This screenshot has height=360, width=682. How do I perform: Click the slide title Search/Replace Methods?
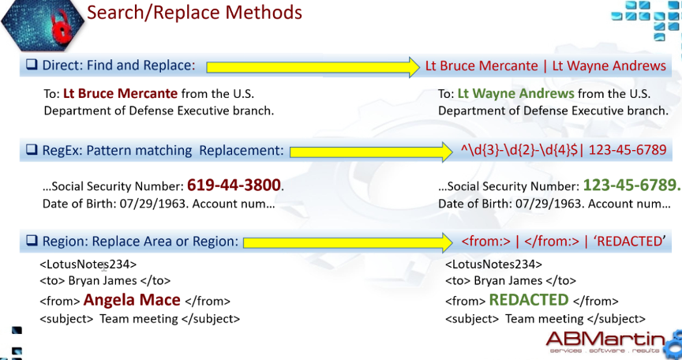tap(194, 12)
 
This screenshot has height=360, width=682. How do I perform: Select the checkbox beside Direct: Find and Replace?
tap(32, 65)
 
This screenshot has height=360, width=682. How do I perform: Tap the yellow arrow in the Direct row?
tap(313, 67)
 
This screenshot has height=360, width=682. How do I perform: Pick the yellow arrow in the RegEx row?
tap(371, 152)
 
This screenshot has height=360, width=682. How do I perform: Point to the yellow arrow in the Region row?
tap(348, 242)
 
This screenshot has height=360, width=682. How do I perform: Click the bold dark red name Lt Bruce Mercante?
tap(121, 93)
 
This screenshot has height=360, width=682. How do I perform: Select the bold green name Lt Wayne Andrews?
tap(516, 93)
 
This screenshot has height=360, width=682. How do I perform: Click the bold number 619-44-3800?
tap(234, 186)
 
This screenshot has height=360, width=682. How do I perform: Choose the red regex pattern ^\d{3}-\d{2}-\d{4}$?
tap(519, 150)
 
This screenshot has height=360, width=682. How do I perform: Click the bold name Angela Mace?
tap(132, 299)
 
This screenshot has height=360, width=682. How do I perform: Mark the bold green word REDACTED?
tap(529, 299)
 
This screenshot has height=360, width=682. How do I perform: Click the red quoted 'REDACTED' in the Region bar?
tap(629, 242)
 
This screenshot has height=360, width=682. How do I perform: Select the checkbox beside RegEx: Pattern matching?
tap(32, 149)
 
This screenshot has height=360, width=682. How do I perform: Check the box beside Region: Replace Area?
tap(32, 241)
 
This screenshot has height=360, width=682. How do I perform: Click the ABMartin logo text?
tap(605, 339)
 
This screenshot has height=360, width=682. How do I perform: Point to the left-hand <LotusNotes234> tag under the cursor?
tap(88, 264)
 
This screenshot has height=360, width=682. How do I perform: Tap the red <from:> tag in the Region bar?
tap(485, 242)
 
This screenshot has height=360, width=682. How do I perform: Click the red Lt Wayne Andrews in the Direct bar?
tap(609, 66)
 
